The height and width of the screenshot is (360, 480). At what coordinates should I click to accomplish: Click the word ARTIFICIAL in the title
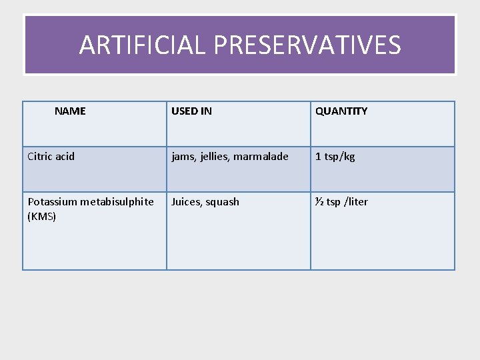pyautogui.click(x=141, y=45)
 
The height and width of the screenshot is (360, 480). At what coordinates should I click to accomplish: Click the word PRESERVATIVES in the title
pyautogui.click(x=307, y=45)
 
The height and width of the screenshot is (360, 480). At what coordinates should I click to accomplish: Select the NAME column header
pyautogui.click(x=70, y=111)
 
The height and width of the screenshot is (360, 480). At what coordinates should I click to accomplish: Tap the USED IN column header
pyautogui.click(x=191, y=111)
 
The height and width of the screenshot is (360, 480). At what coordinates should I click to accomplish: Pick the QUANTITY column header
pyautogui.click(x=341, y=111)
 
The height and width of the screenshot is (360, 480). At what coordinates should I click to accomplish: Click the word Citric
pyautogui.click(x=40, y=157)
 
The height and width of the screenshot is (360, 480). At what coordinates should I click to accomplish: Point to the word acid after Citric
pyautogui.click(x=65, y=157)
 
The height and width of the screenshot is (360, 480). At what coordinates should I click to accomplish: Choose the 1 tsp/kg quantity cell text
pyautogui.click(x=335, y=157)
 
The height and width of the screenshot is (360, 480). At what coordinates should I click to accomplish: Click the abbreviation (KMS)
pyautogui.click(x=41, y=216)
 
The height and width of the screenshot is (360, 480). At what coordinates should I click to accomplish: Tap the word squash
pyautogui.click(x=223, y=202)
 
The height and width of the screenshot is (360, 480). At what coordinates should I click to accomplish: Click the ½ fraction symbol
pyautogui.click(x=319, y=201)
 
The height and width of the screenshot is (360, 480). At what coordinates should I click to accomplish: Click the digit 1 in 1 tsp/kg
pyautogui.click(x=318, y=157)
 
